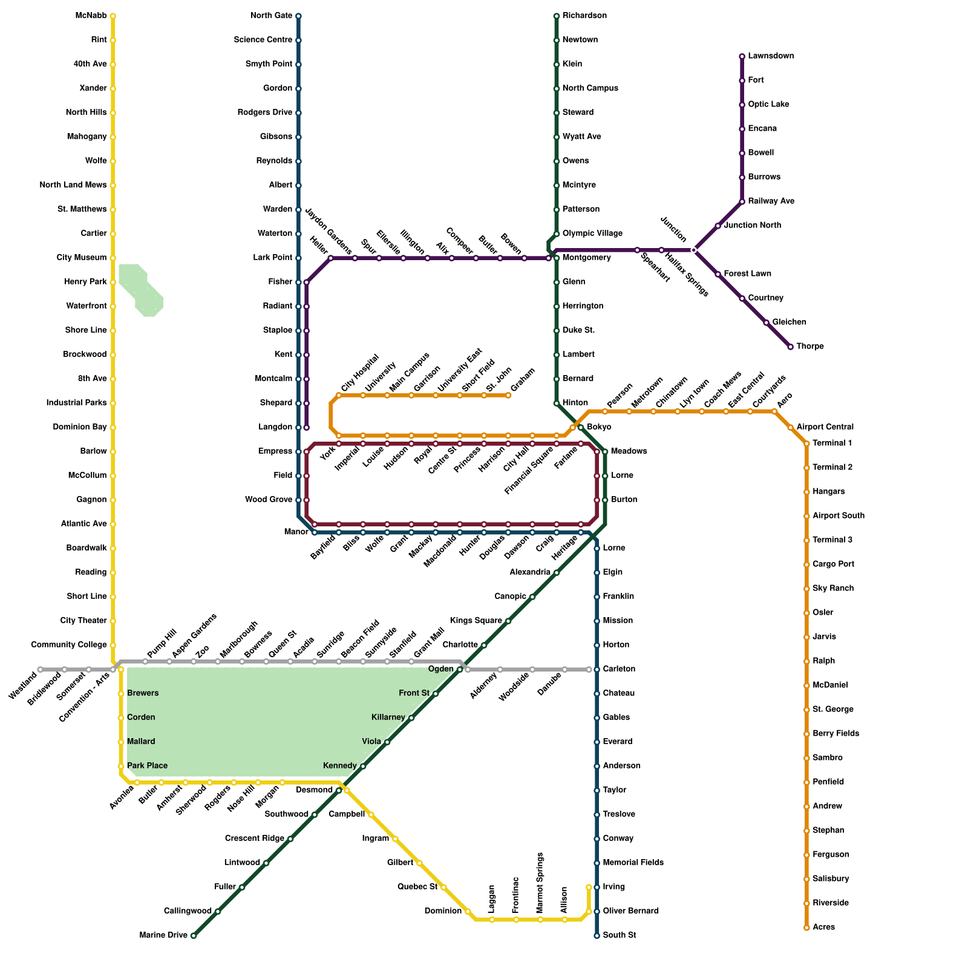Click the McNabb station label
(91, 16)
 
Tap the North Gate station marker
(298, 16)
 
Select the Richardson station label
(584, 16)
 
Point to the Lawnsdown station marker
(742, 57)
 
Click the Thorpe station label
(809, 347)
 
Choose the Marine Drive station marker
(193, 936)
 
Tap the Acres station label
(823, 927)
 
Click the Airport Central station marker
(791, 428)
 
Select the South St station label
(620, 935)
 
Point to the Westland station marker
(40, 670)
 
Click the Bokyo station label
(599, 427)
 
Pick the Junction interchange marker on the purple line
(694, 250)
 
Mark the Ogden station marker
(460, 670)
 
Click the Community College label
(69, 645)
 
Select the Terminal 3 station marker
(806, 540)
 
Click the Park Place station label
(147, 766)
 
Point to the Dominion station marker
(468, 912)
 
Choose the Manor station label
(296, 532)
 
